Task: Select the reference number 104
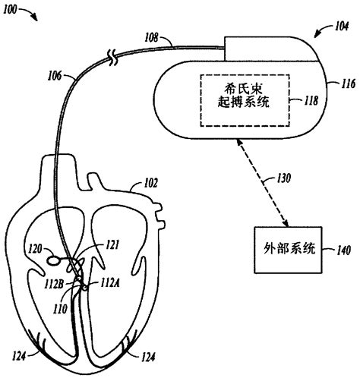[322, 29]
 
